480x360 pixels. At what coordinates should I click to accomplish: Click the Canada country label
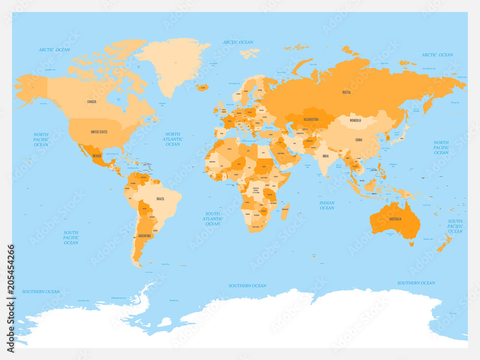coord(91,102)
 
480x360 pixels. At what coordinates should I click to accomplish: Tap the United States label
coord(99,132)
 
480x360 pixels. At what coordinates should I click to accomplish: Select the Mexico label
coord(97,156)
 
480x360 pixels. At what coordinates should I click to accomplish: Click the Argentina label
coord(144,236)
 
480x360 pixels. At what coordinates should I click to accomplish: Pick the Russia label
coord(346,92)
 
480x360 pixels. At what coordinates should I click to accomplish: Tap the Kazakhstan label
coord(312,119)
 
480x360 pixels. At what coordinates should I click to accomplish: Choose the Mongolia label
coord(355,120)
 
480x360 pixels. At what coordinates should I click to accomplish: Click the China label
coord(359,140)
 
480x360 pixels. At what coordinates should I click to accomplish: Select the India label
coord(325,156)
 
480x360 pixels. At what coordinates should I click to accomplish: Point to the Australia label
coord(395,219)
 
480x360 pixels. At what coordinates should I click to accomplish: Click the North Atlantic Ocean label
coord(173,139)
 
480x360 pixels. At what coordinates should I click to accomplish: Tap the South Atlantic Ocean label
coord(213,219)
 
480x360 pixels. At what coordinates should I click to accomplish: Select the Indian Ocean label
coord(327,205)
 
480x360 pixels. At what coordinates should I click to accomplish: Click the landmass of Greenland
coord(173,62)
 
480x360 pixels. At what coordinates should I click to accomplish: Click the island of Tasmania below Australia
coord(411,244)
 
